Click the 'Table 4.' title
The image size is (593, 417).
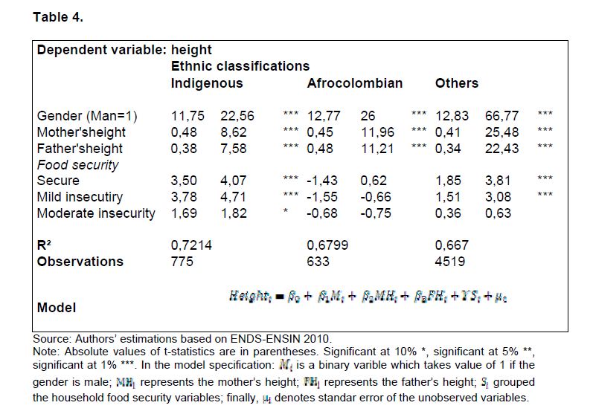(58, 17)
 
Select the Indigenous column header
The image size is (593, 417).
(207, 83)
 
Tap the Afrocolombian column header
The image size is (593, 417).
(354, 83)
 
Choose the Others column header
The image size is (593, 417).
(456, 83)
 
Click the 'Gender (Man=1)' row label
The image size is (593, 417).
(87, 116)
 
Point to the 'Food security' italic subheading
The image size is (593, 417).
(78, 164)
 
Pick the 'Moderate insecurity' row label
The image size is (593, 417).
(96, 213)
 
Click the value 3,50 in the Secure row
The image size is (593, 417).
(185, 181)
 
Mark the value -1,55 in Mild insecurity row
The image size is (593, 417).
(320, 197)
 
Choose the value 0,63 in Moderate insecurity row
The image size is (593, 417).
(498, 213)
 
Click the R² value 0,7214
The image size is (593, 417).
(191, 245)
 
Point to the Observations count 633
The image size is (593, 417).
(318, 262)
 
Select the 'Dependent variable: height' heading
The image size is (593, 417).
(124, 51)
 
